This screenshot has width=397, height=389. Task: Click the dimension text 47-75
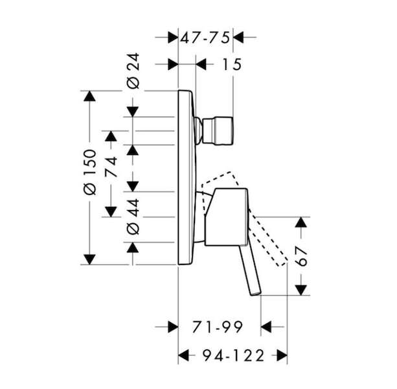click(x=205, y=38)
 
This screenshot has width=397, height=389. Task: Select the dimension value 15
click(x=231, y=64)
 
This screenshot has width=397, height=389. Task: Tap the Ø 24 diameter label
click(x=133, y=71)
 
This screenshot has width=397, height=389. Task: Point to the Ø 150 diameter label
click(x=91, y=172)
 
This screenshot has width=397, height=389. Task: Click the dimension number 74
click(x=111, y=167)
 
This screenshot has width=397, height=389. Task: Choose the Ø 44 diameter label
click(x=133, y=217)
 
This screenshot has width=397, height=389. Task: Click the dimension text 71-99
click(x=218, y=327)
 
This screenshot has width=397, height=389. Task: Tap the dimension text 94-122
click(x=233, y=355)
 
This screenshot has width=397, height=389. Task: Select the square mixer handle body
click(x=226, y=217)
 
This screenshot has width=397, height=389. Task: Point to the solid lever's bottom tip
click(x=256, y=294)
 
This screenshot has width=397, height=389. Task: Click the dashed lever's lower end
click(x=282, y=263)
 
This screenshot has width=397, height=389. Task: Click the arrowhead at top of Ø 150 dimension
click(x=89, y=96)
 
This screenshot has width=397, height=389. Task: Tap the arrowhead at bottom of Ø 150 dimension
click(x=89, y=259)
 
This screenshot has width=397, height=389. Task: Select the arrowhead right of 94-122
click(x=282, y=355)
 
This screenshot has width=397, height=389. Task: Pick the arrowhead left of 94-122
click(x=183, y=355)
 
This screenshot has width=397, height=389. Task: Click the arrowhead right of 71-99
click(x=266, y=327)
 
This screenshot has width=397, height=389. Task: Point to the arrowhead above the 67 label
click(x=301, y=222)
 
